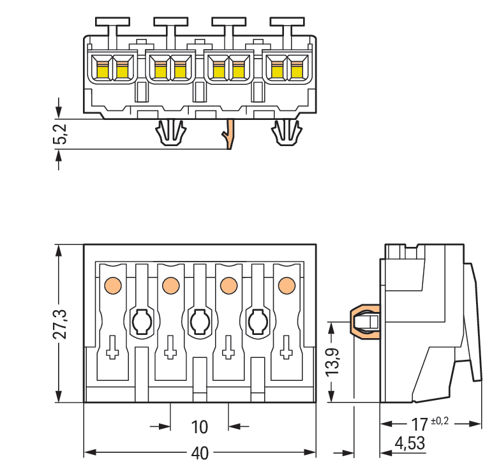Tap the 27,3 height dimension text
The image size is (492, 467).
pyautogui.click(x=59, y=324)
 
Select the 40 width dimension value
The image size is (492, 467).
pyautogui.click(x=200, y=453)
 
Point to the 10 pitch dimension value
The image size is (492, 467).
pyautogui.click(x=200, y=426)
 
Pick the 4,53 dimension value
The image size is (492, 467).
pyautogui.click(x=410, y=443)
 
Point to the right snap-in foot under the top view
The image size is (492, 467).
pyautogui.click(x=287, y=133)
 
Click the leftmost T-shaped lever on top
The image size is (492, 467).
pyautogui.click(x=112, y=26)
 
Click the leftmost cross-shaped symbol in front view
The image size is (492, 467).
pyautogui.click(x=112, y=348)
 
